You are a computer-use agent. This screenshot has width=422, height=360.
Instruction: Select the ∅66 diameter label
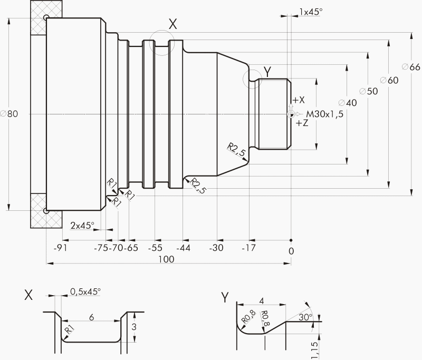coord(410,67)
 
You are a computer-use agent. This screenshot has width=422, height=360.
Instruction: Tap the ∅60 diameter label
coord(389,80)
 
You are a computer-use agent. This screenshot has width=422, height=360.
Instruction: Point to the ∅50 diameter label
coord(368,91)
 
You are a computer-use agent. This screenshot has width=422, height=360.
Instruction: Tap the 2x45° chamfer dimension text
coord(82,225)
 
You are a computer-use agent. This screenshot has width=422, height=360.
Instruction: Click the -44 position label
coord(183,248)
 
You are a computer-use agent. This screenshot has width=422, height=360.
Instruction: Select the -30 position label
coord(216,248)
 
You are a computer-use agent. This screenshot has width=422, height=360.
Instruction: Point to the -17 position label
coord(248,248)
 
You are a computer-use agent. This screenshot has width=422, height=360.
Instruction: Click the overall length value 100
coord(166,259)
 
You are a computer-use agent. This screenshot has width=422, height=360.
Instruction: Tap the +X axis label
coord(299,100)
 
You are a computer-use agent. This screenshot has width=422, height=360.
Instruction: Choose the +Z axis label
coord(302,123)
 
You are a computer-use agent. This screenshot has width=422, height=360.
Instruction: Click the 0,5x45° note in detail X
coord(85,291)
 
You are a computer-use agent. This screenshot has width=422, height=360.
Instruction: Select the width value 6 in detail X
coord(91,318)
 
